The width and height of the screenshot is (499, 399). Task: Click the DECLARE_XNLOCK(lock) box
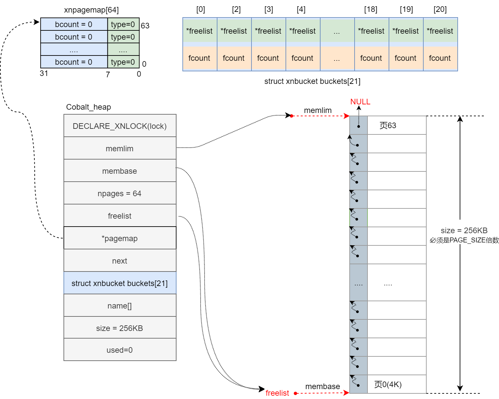coord(120,126)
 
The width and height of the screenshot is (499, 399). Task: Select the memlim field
coord(120,148)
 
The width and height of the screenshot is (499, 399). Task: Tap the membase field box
coord(120,171)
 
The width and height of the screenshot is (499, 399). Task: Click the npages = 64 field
coord(120,193)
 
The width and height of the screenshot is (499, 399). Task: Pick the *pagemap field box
coord(120,238)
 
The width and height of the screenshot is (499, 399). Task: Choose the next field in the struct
coord(120,261)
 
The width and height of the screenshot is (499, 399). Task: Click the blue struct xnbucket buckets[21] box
coord(120,283)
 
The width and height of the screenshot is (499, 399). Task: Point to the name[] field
coord(120,306)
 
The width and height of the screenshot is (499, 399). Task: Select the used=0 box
coord(120,350)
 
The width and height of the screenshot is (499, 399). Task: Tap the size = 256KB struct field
coord(120,328)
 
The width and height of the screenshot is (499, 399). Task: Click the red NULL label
coord(360,102)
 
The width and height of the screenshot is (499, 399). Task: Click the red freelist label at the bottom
coord(277,393)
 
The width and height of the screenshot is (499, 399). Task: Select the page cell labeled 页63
coord(397,126)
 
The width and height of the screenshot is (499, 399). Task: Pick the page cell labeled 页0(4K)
coord(397,384)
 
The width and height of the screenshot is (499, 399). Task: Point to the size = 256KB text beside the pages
coord(464,231)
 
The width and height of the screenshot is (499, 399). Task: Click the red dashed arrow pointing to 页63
coord(319,116)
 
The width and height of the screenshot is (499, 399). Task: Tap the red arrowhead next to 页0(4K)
coord(346,393)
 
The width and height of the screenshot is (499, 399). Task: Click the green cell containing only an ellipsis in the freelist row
coord(337,31)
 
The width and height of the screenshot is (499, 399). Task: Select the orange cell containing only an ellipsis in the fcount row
coord(337,58)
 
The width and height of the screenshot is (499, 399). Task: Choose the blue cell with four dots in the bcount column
coord(74,50)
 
